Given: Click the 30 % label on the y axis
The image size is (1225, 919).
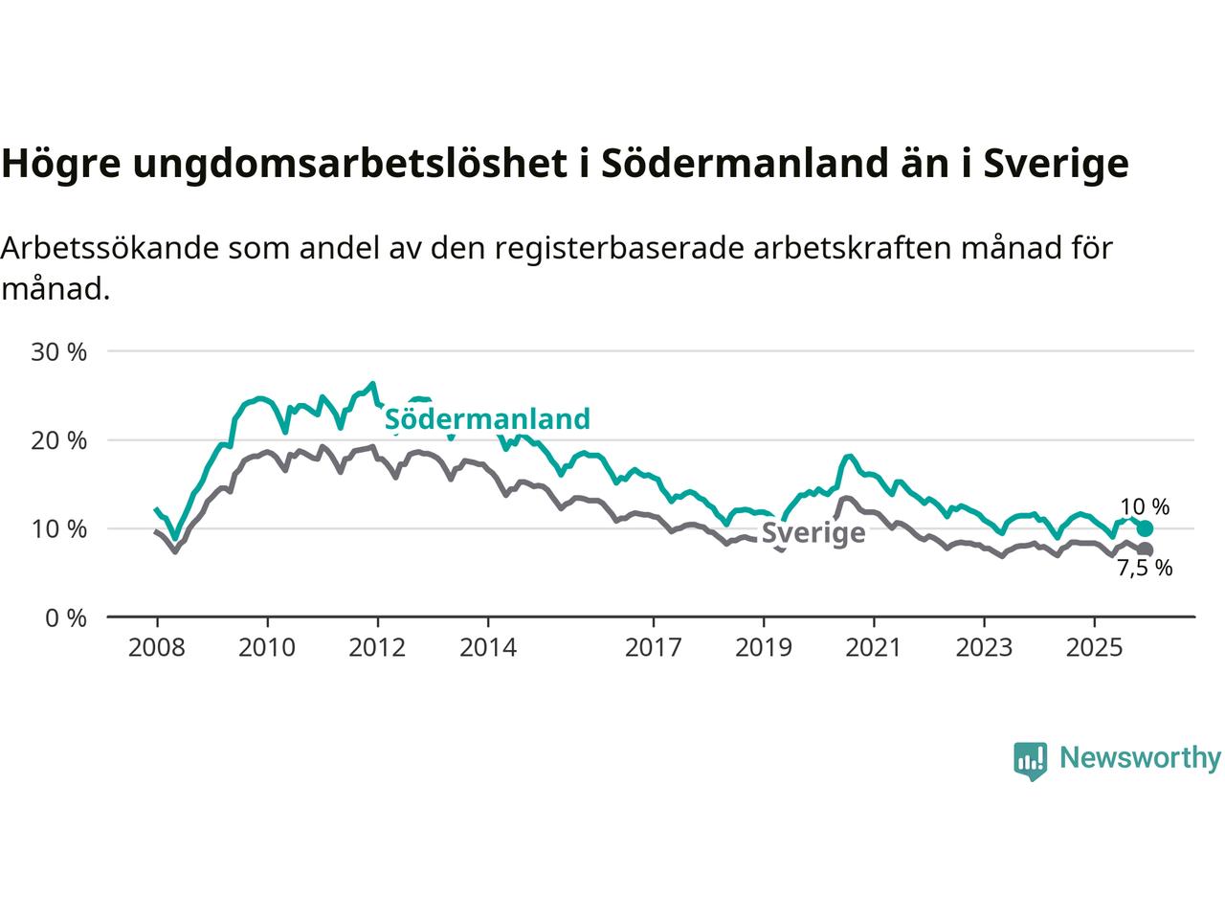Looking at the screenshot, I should click(58, 352).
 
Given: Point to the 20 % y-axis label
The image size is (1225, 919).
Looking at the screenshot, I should click(58, 440).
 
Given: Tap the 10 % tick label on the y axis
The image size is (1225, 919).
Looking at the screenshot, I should click(58, 529).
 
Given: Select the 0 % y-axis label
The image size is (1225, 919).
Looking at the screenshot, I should click(65, 618).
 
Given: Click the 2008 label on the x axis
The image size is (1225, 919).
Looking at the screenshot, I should click(157, 648).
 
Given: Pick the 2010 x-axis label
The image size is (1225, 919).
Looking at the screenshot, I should click(267, 648).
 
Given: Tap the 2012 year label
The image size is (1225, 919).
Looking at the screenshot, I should click(378, 648).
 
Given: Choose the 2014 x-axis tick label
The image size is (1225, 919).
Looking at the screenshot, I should click(488, 648).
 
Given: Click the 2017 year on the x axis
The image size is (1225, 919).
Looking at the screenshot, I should click(654, 648).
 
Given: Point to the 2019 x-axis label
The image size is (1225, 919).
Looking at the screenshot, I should click(764, 648).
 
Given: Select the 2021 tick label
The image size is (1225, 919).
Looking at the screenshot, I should click(874, 648).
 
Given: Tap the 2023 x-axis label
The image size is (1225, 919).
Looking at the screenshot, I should click(985, 648).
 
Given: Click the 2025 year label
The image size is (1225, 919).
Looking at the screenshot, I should click(1095, 648).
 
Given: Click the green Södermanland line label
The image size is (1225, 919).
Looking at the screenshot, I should click(487, 419).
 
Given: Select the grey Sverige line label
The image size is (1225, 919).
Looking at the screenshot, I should click(813, 533).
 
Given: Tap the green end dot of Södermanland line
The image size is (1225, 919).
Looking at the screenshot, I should click(1145, 528).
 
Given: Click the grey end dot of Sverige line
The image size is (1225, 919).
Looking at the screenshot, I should click(1145, 549).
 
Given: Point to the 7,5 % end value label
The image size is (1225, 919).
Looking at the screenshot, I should click(1145, 569).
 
